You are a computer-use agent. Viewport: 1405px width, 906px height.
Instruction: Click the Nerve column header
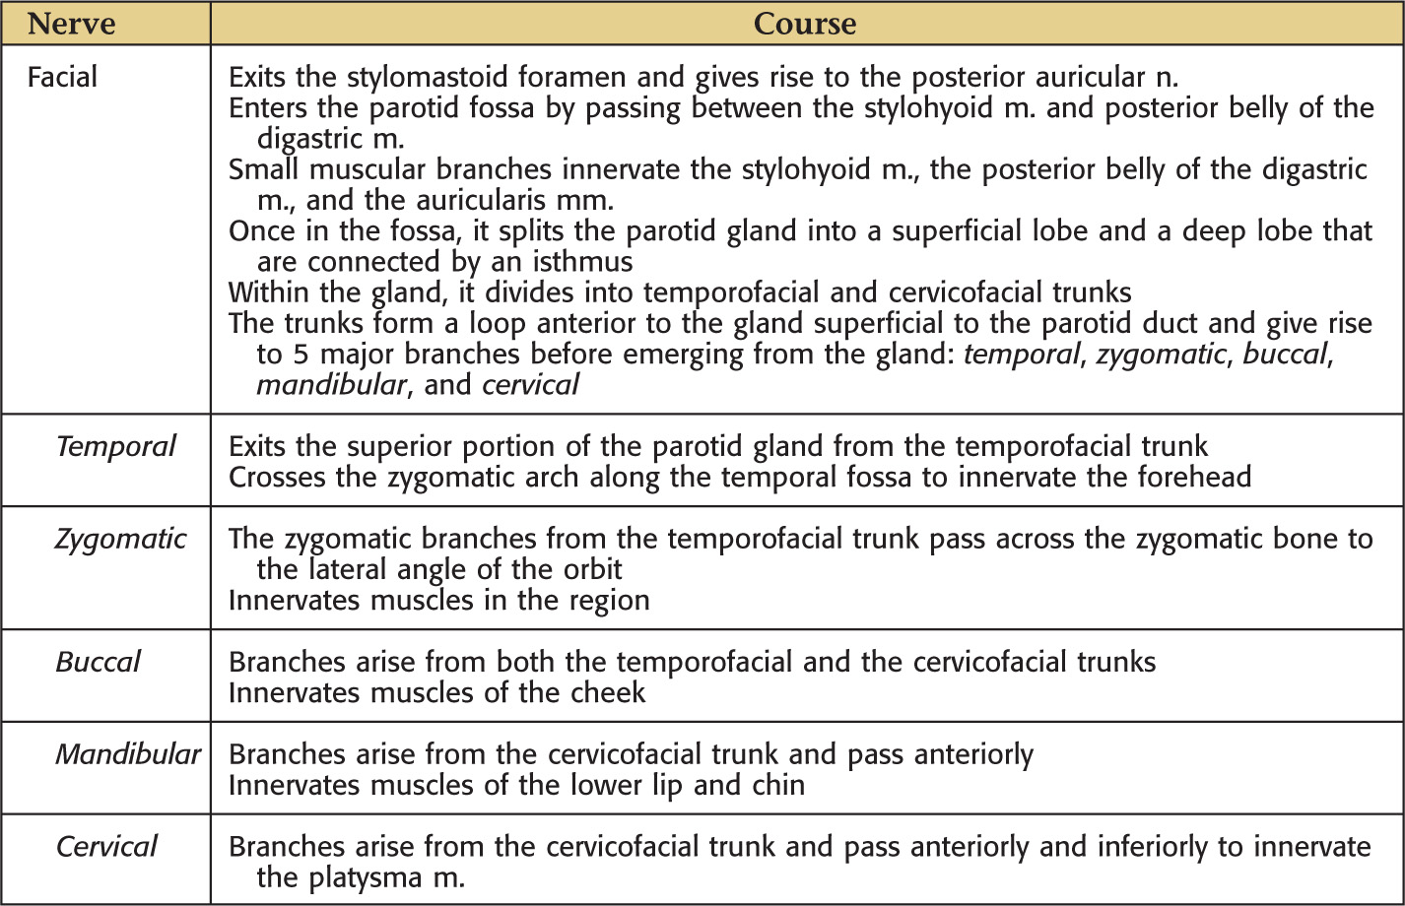coord(72,22)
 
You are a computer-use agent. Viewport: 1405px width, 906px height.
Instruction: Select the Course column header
coord(804,22)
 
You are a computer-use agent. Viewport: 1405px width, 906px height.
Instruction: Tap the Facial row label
coord(62,77)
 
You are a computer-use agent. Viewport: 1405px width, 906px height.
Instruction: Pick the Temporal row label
coord(114,446)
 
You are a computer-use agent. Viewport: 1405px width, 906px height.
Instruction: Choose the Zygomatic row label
coord(120,539)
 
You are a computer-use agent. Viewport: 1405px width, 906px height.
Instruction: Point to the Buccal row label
coord(98,661)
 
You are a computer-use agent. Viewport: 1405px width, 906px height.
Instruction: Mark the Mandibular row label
coord(127,754)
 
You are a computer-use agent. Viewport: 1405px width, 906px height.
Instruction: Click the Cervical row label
coord(106,846)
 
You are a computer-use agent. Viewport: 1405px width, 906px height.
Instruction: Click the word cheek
coord(608,692)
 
